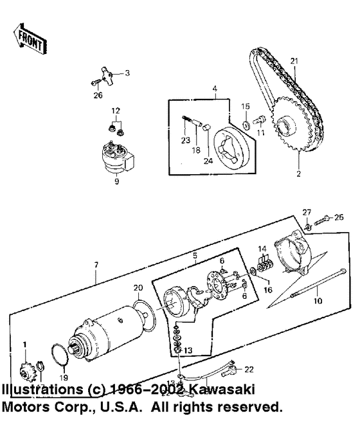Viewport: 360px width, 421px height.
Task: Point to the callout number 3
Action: click(127, 73)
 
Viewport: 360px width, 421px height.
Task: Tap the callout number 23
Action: click(186, 141)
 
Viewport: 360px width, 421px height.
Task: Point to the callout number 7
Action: click(97, 264)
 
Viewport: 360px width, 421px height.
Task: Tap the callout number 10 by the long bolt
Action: click(316, 300)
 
